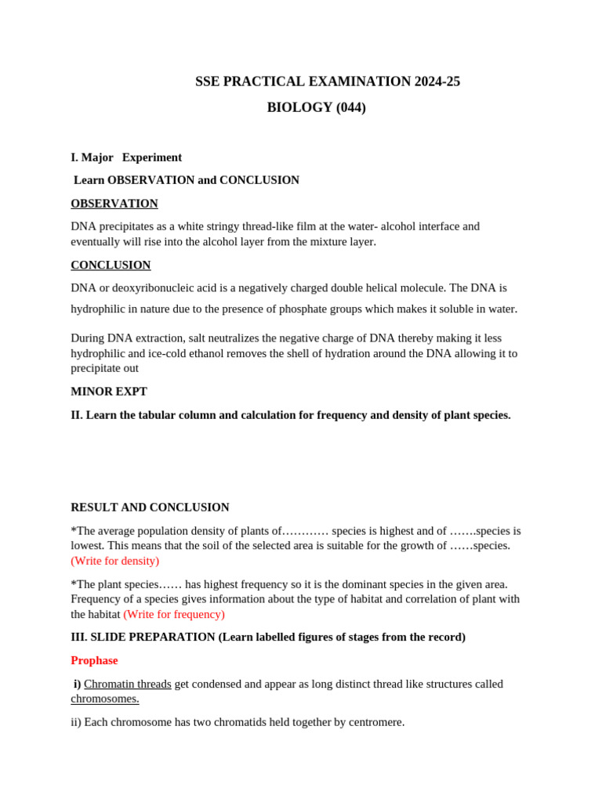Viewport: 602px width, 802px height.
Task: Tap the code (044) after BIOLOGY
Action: tap(350, 107)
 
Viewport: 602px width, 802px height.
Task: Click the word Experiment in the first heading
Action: tap(152, 157)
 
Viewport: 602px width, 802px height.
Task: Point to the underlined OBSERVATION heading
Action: tap(114, 204)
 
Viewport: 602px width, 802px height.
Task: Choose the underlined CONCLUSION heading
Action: tap(111, 266)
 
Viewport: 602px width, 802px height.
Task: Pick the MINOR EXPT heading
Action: tap(109, 392)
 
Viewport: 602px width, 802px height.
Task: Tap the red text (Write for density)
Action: tap(115, 561)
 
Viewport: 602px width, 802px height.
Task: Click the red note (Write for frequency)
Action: tap(174, 615)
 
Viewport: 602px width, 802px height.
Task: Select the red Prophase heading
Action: tap(94, 660)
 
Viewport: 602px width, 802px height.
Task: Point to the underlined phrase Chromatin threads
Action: tap(128, 684)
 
